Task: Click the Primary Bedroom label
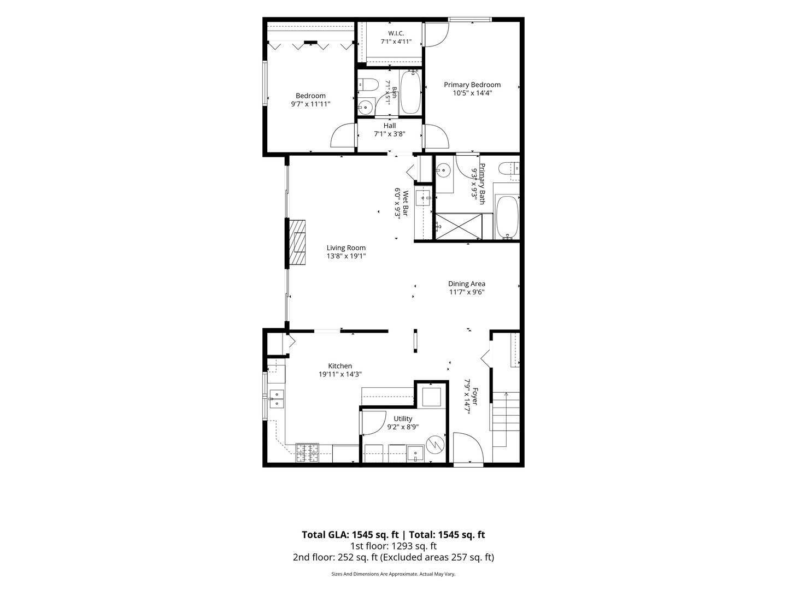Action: click(x=472, y=85)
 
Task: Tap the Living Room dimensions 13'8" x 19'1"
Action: click(x=346, y=256)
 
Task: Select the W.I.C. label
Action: click(x=396, y=33)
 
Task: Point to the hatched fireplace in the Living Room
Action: click(x=297, y=242)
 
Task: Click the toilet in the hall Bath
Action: click(x=368, y=85)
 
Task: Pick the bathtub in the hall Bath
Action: click(x=410, y=92)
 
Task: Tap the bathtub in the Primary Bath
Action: click(x=507, y=217)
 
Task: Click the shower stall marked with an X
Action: click(x=458, y=226)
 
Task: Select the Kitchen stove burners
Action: click(x=307, y=453)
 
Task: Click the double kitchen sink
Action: click(x=277, y=399)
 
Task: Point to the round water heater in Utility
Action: click(x=435, y=445)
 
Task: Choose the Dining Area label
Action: click(x=467, y=284)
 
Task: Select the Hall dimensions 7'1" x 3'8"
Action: click(x=390, y=134)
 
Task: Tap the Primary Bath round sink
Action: click(x=444, y=170)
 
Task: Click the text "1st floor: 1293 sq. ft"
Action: click(x=393, y=546)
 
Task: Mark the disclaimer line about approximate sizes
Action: click(x=393, y=574)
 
